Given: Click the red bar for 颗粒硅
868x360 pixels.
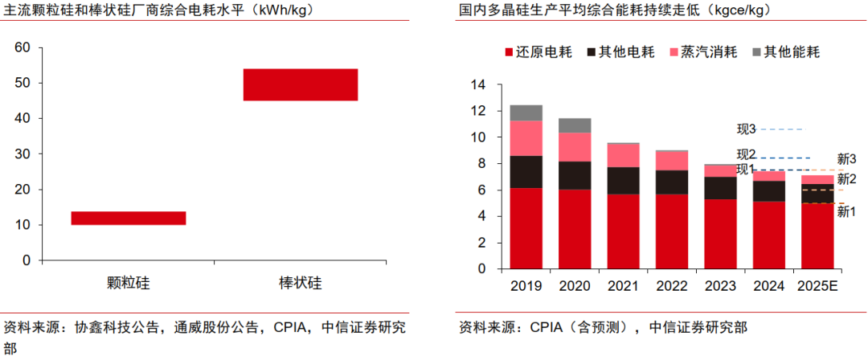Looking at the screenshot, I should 129,218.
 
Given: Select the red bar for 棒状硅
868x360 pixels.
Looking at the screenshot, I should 300,84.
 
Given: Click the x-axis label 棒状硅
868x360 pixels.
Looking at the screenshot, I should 300,283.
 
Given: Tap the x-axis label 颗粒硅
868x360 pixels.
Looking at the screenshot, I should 129,283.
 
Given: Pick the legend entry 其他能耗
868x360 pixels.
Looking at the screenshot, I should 791,52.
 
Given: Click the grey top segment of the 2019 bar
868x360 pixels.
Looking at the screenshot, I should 526,112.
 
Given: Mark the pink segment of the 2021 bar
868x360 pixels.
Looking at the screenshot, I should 623,155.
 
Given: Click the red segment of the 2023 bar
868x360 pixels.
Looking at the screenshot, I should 720,234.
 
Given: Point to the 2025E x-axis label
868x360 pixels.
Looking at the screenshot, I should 817,286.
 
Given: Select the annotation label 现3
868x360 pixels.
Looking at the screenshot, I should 747,129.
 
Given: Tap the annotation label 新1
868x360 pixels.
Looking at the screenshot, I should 846,211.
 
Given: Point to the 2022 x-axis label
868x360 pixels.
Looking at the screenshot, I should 671,286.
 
